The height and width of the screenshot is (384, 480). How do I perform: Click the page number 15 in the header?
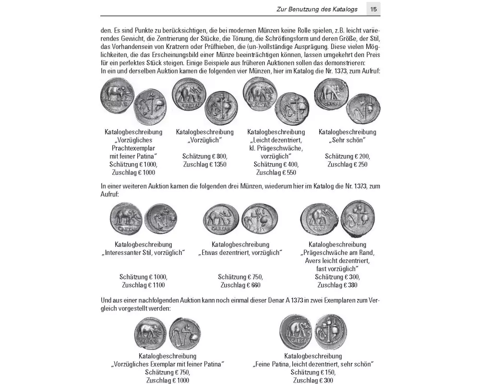pos(373,9)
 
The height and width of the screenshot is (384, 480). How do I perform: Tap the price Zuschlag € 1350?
pos(204,165)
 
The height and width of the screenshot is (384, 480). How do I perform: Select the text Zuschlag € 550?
pos(276,172)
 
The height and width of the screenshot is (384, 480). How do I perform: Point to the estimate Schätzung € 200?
pos(347,156)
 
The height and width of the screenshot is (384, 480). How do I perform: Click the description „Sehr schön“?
pos(347,140)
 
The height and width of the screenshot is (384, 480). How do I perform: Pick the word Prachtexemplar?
pos(133,148)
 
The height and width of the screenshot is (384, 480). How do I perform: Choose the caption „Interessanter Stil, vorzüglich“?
pos(143,253)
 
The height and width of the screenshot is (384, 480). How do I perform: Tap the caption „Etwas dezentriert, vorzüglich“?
pos(240,253)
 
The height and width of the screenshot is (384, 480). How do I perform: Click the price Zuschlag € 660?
pos(240,285)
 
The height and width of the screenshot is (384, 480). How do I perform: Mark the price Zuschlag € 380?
pos(337,285)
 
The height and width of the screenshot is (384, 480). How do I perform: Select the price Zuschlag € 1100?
pos(143,285)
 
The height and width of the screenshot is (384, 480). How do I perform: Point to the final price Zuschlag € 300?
pos(313,380)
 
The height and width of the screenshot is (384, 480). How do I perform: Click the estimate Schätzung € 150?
pos(313,372)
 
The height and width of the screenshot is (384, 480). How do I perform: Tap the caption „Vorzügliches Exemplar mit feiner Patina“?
pos(168,364)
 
